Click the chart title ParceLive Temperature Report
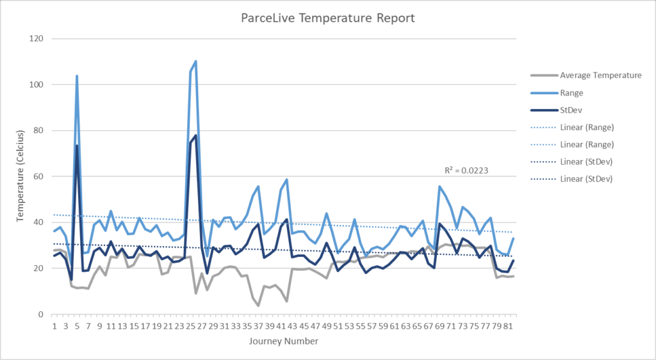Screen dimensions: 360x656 click(328, 18)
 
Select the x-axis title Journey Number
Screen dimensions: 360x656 click(283, 341)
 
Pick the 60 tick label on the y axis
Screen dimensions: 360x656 click(37, 176)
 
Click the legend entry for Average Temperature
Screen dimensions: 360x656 click(600, 75)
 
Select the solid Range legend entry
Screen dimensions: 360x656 click(573, 92)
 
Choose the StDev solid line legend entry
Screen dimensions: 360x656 click(573, 110)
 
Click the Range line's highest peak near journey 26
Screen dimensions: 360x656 click(195, 61)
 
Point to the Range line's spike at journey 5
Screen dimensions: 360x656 click(77, 76)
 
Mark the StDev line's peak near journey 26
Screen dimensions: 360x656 click(195, 135)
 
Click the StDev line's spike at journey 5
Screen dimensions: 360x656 click(77, 145)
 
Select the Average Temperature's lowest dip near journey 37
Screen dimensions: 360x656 click(258, 306)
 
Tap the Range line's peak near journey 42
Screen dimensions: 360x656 click(286, 180)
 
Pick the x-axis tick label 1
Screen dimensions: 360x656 click(54, 326)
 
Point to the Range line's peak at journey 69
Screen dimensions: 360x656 click(439, 186)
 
